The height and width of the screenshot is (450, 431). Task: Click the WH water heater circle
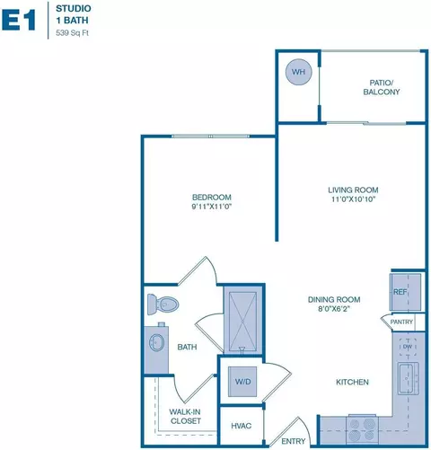[297, 71]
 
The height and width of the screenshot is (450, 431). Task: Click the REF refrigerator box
[400, 292]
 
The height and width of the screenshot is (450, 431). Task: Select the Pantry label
[401, 322]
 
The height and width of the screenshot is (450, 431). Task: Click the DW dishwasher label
[407, 346]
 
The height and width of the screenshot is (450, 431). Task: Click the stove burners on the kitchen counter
[363, 427]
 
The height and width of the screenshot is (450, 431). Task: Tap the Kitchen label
[352, 383]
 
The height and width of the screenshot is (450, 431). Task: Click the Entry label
[294, 441]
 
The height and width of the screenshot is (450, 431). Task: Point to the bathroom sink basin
[158, 341]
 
